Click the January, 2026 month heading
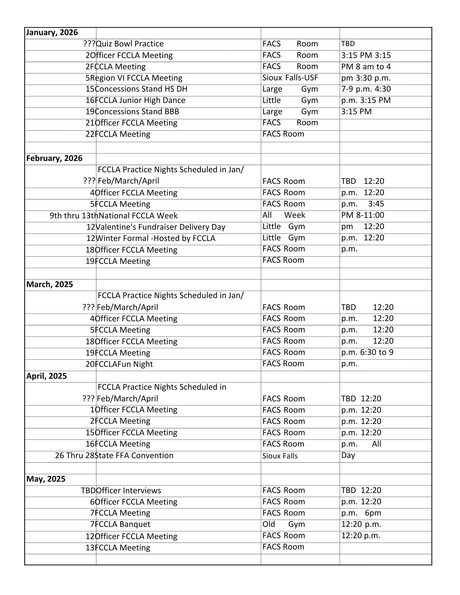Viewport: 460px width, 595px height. pyautogui.click(x=52, y=32)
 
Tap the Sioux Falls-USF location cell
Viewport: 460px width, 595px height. pyautogui.click(x=290, y=78)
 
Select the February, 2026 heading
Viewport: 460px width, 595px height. pyautogui.click(x=54, y=158)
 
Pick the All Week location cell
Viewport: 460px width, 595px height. pyautogui.click(x=283, y=215)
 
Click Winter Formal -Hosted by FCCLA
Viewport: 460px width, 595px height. pyautogui.click(x=155, y=238)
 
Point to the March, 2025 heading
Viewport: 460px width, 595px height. pyautogui.click(x=49, y=284)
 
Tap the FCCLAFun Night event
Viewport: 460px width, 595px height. pyautogui.click(x=124, y=364)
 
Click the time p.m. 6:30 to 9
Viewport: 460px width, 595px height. pyautogui.click(x=367, y=353)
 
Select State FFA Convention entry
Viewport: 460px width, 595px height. pyautogui.click(x=134, y=455)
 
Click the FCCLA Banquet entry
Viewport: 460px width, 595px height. pyautogui.click(x=123, y=524)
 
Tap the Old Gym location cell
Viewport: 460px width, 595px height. pyautogui.click(x=283, y=524)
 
